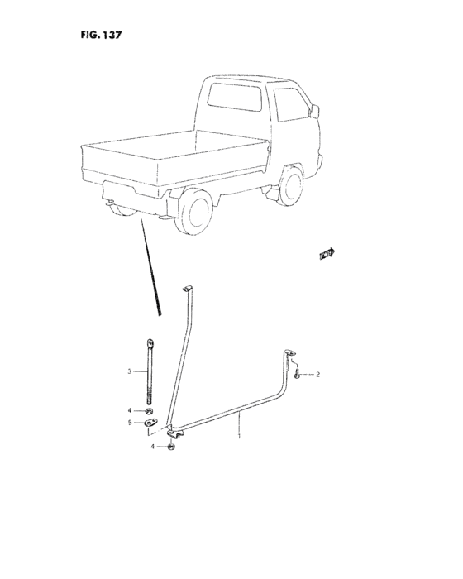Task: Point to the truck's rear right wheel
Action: pos(199,211)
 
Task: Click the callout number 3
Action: pos(129,371)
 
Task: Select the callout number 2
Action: pos(317,375)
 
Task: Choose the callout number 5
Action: pos(129,423)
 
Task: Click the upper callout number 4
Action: pos(129,410)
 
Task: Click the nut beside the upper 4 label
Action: pos(149,410)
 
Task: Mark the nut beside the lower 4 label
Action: pos(170,447)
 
